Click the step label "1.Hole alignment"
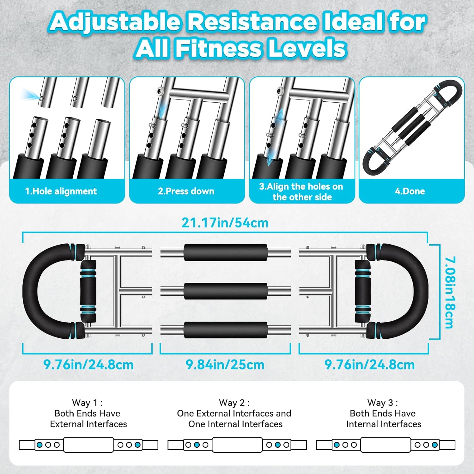(61, 191)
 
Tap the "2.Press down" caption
(186, 191)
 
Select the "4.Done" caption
(410, 191)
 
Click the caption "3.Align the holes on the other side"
(301, 192)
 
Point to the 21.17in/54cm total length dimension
(225, 223)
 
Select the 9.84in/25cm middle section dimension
(225, 365)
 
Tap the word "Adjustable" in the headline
(115, 22)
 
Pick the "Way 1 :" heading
(87, 403)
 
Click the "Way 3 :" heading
(383, 403)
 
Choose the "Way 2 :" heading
(234, 403)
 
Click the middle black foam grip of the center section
(225, 291)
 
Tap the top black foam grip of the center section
(225, 253)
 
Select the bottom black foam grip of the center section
(225, 330)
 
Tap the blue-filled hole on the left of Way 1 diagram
(39, 445)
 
